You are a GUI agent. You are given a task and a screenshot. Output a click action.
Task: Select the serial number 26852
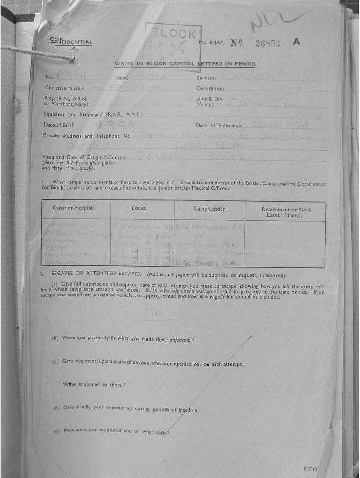pyautogui.click(x=268, y=43)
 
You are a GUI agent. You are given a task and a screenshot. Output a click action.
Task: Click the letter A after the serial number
pyautogui.click(x=296, y=42)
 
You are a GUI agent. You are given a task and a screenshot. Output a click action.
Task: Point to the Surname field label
pyautogui.click(x=207, y=78)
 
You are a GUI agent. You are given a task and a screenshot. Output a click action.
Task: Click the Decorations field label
pyautogui.click(x=210, y=88)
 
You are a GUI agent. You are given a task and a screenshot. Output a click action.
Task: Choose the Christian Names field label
pyautogui.click(x=64, y=88)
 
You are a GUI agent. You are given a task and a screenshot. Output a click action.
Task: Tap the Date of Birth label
pyautogui.click(x=59, y=125)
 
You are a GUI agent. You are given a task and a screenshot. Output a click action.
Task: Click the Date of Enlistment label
pyautogui.click(x=219, y=126)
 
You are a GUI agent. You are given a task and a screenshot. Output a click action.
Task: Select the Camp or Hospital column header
pyautogui.click(x=74, y=208)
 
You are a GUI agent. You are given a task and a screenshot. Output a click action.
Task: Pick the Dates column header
pyautogui.click(x=139, y=208)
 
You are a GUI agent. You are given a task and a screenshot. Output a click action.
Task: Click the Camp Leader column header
pyautogui.click(x=210, y=209)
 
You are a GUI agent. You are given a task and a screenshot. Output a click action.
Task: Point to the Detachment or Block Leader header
pyautogui.click(x=286, y=212)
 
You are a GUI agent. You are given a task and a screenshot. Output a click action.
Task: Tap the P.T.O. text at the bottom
pyautogui.click(x=311, y=469)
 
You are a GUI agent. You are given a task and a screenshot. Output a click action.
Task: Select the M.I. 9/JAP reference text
pyautogui.click(x=211, y=43)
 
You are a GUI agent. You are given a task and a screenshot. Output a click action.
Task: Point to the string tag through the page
pyautogui.click(x=37, y=53)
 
